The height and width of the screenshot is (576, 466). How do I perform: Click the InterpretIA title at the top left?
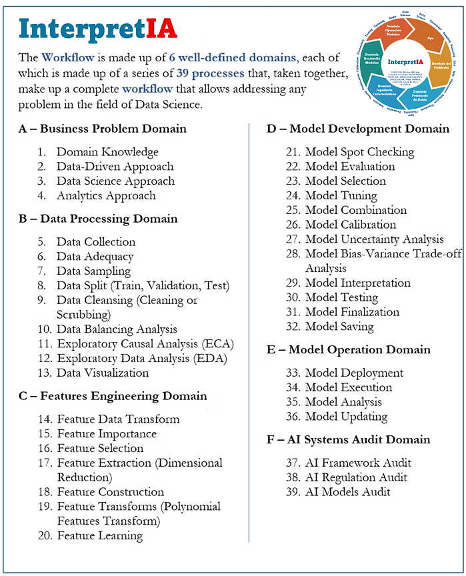98,29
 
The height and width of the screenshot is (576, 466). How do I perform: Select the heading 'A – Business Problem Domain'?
103,129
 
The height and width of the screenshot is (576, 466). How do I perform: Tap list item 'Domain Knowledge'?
107,152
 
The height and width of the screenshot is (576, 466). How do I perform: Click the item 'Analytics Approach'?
106,195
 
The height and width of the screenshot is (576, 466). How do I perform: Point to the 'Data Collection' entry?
96,242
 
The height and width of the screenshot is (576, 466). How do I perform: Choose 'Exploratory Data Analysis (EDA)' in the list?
142,358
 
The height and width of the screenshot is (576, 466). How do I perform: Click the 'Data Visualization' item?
103,373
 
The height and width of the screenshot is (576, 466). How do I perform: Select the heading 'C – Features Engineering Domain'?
113,396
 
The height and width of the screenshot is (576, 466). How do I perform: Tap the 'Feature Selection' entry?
100,448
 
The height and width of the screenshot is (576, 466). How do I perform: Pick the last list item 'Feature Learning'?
100,535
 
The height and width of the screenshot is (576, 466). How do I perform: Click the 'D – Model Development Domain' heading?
358,129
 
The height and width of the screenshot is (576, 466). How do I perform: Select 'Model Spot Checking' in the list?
359,152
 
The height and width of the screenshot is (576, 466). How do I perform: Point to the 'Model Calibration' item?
351,225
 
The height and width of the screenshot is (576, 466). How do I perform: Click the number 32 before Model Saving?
293,327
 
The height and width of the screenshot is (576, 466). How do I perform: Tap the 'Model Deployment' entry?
354,373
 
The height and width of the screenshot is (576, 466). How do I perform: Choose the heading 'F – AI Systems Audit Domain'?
349,439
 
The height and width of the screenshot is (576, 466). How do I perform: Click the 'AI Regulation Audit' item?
357,477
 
